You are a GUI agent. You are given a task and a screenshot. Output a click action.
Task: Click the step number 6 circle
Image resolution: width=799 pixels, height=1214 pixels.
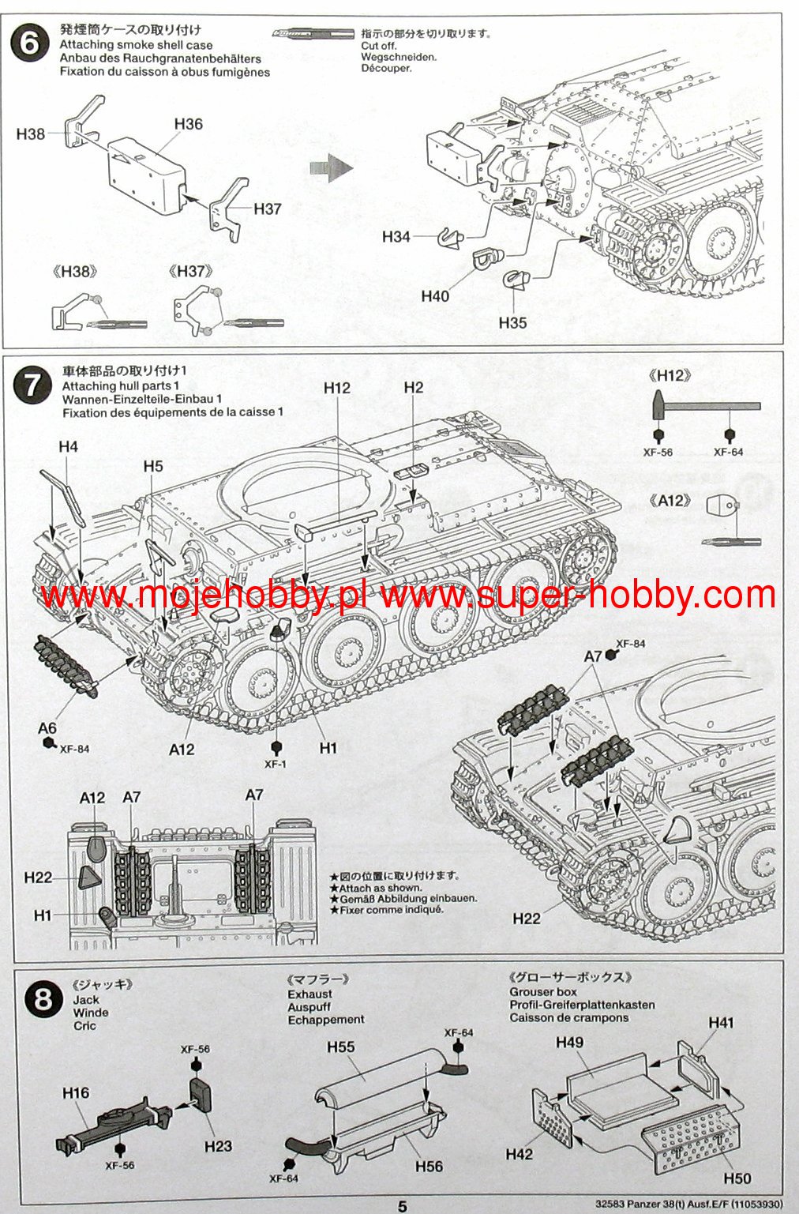30,43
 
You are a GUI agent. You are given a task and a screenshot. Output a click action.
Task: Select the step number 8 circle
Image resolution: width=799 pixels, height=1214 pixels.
43,999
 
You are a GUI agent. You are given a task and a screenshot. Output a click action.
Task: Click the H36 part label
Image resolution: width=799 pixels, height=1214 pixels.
188,124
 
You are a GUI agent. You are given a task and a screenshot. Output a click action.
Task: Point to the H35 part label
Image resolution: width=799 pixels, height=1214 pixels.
512,322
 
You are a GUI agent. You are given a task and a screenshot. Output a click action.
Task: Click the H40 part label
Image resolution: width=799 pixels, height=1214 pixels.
435,295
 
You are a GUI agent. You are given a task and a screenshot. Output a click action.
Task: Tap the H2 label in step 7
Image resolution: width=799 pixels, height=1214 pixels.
413,387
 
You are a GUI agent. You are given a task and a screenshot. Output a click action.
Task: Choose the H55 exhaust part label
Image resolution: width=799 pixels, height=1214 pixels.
341,1047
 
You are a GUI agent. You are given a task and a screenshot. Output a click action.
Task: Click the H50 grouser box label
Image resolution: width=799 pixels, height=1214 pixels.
737,1178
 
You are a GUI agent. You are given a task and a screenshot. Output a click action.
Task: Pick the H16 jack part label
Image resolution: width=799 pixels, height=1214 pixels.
76,1092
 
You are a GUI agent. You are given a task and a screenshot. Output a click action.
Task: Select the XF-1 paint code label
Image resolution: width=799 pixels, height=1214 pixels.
276,764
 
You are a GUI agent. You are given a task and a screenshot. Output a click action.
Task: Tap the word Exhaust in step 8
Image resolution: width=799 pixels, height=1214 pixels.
309,994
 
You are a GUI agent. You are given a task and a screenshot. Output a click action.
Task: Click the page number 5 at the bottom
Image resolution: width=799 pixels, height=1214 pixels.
402,1206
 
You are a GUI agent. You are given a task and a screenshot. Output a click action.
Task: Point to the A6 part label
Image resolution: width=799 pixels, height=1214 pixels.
47,728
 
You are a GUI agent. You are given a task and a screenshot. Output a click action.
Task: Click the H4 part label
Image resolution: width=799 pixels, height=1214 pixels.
68,447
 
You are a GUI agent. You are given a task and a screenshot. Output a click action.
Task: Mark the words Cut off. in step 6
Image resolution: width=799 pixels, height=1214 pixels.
379,46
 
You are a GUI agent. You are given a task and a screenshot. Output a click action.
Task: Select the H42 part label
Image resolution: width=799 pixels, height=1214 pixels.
519,1154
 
